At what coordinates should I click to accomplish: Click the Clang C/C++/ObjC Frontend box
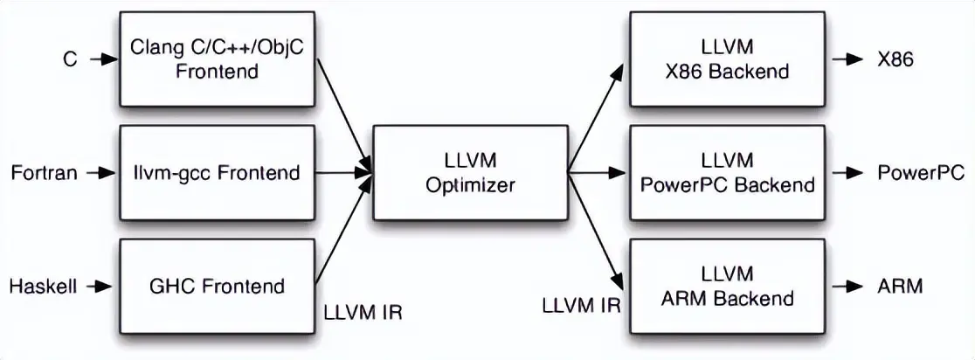click(217, 59)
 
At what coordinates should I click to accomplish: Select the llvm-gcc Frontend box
click(217, 172)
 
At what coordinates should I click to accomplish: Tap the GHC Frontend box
click(217, 286)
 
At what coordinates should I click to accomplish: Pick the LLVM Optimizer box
click(469, 172)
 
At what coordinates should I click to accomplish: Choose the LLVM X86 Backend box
click(727, 59)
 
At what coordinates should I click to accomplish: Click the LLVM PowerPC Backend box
click(727, 172)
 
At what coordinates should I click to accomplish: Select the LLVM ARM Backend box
click(727, 286)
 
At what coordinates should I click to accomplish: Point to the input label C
click(70, 59)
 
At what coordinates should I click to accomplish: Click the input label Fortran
click(44, 173)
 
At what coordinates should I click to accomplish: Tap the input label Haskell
click(44, 286)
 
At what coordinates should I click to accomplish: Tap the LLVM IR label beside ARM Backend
click(581, 306)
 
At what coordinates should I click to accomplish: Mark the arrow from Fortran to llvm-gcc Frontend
click(100, 173)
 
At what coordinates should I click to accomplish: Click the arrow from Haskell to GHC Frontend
click(100, 286)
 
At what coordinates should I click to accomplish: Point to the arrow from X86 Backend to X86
click(847, 59)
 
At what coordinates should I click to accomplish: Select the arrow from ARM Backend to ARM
click(847, 286)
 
